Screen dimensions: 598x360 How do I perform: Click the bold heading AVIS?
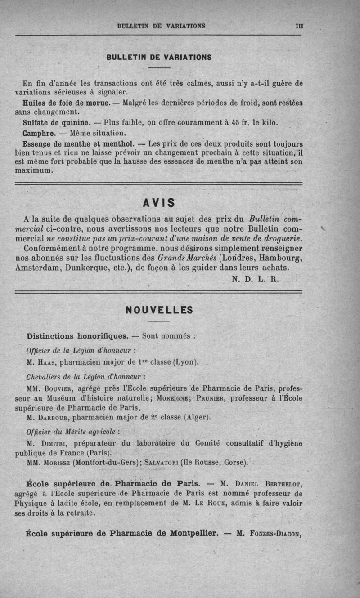tap(159, 203)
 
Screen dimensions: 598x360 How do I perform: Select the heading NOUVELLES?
tap(159, 310)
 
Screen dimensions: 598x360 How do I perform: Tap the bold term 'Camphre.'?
tap(39, 133)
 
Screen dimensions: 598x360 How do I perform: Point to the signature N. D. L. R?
tap(256, 278)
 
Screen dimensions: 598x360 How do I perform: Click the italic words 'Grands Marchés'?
tap(185, 258)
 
